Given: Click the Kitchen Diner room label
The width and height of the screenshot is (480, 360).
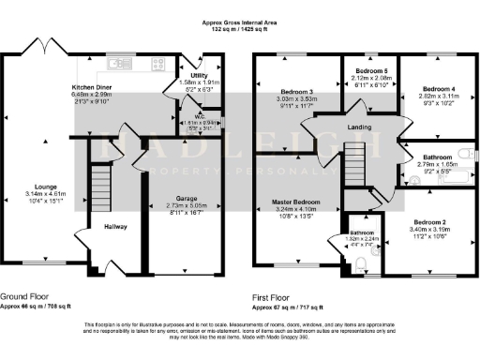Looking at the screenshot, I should coord(93,86).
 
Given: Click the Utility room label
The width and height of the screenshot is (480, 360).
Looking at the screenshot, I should coord(198,75).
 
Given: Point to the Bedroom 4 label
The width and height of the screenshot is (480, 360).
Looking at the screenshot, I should coord(430,88).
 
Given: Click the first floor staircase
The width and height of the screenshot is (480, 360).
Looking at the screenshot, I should coord(353,165).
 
